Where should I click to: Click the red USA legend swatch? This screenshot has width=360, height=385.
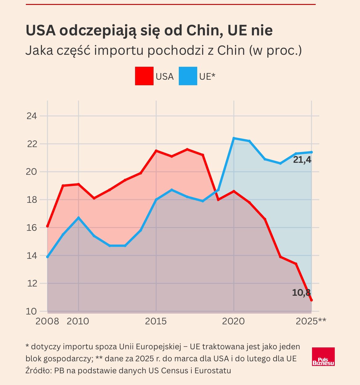tap(144, 76)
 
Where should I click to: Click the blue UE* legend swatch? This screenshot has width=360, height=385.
tap(188, 76)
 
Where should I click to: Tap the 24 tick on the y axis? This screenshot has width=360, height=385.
tap(32, 116)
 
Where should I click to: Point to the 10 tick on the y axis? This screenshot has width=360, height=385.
tap(32, 311)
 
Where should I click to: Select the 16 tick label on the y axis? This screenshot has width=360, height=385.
tap(32, 228)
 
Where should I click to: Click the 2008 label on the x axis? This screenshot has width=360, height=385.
tap(47, 321)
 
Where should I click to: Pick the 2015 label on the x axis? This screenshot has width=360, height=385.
tap(156, 321)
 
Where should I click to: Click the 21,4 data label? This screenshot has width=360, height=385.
tap(302, 160)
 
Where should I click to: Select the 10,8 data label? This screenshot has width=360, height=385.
tap(301, 293)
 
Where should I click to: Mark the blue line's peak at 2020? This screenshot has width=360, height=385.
tap(234, 138)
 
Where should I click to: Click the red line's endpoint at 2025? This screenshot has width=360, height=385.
tap(311, 300)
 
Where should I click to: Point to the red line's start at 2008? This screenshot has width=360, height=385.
tap(47, 226)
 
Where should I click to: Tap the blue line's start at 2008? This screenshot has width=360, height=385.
tap(47, 257)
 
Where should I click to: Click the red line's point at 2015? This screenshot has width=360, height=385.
tap(156, 151)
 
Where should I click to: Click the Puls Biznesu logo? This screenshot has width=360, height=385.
tap(323, 357)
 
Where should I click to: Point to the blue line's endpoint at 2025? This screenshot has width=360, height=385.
tap(311, 152)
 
